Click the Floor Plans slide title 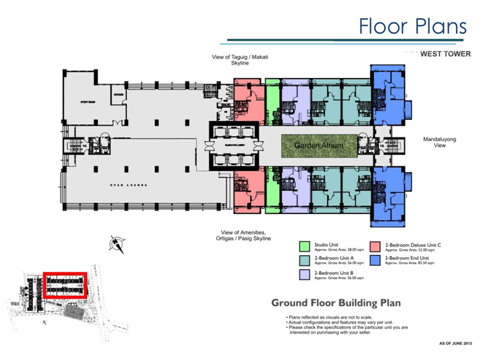(412, 26)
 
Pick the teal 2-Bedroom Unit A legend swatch (304, 259)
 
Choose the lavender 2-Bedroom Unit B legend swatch (304, 275)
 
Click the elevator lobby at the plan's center (233, 145)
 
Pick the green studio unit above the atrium (272, 102)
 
